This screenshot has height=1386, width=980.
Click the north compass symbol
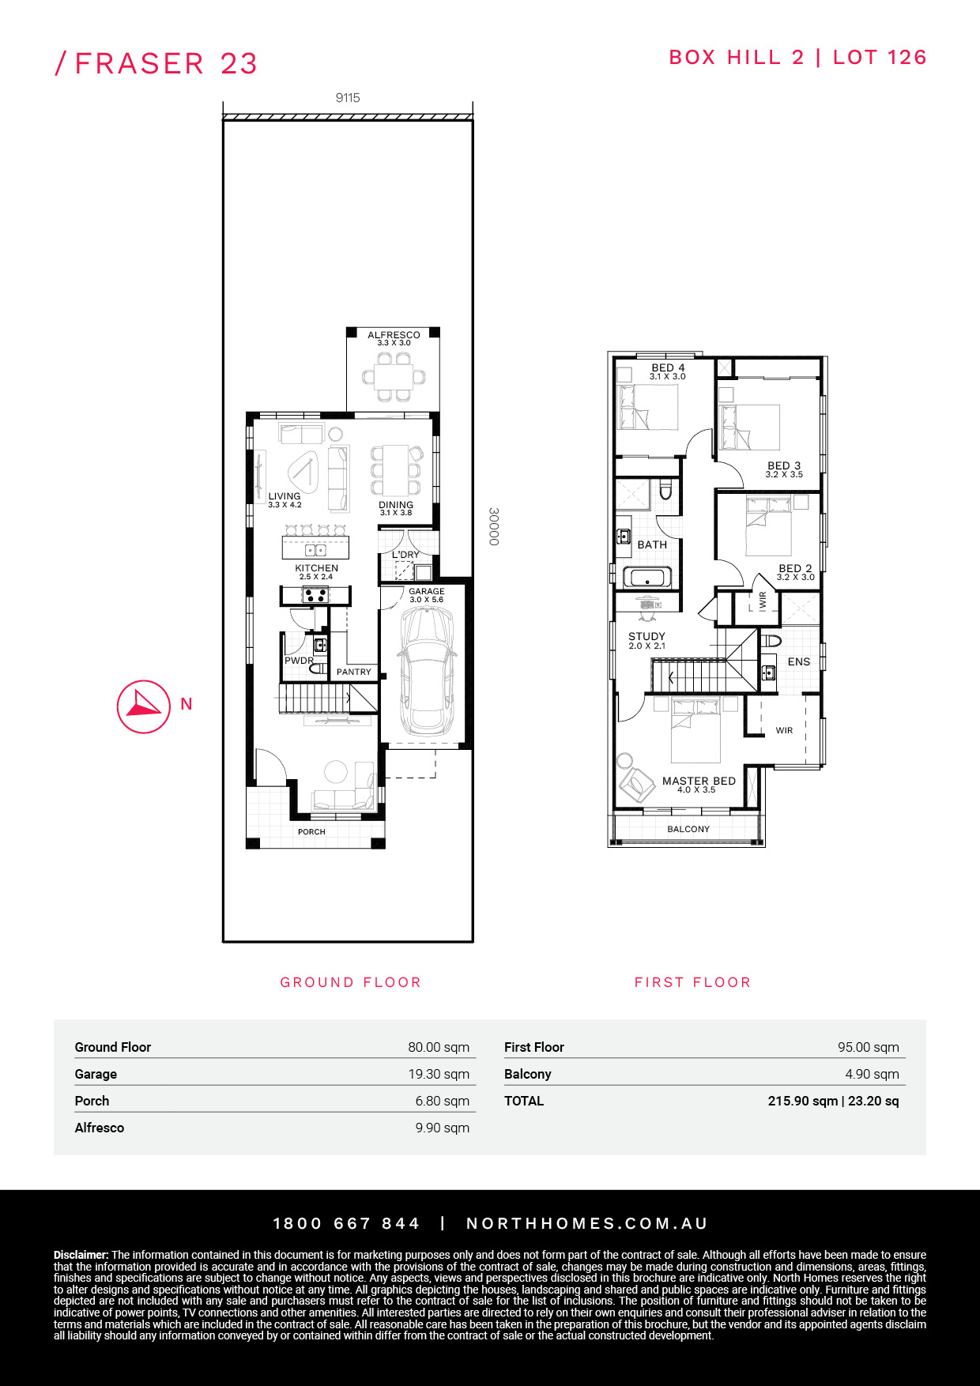point(144,706)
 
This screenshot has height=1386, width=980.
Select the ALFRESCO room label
point(394,335)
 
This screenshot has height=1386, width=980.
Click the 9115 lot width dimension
point(348,98)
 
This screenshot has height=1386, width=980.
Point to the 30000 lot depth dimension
point(494,526)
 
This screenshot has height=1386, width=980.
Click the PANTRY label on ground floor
point(353,672)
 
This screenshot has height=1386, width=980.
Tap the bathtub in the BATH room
point(647,578)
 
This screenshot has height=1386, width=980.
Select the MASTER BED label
point(699,781)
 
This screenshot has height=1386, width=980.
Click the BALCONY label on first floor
point(688,829)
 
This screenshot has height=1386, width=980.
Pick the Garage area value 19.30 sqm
point(439,1074)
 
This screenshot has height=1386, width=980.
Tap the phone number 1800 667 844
point(346,1223)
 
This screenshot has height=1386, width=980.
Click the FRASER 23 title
point(166,63)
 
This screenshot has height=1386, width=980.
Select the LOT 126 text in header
point(880,57)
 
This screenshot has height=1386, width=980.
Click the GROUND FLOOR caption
point(350,982)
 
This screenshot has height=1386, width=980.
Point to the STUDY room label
point(646,636)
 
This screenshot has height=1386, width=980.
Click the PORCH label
point(311,831)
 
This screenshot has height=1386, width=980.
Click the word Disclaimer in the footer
point(81,1255)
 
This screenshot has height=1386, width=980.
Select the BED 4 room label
point(668,367)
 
